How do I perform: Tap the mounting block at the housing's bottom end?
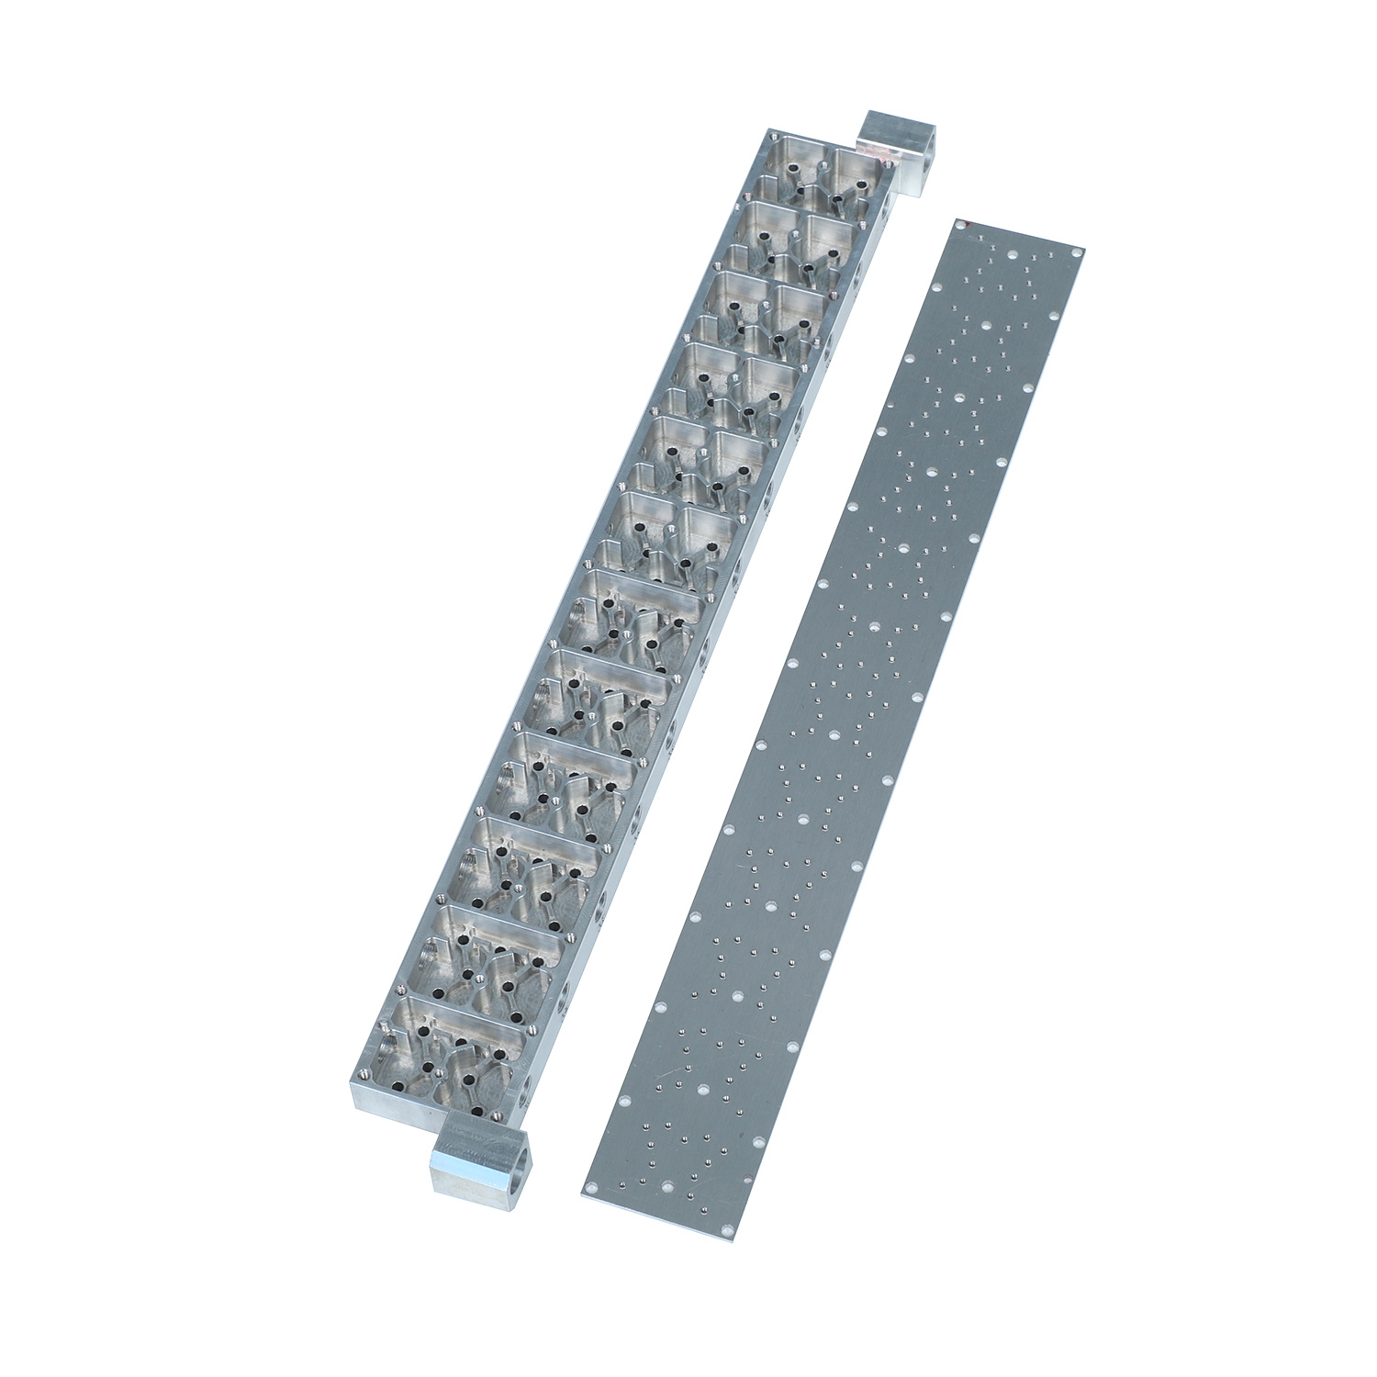[x=473, y=1152]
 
